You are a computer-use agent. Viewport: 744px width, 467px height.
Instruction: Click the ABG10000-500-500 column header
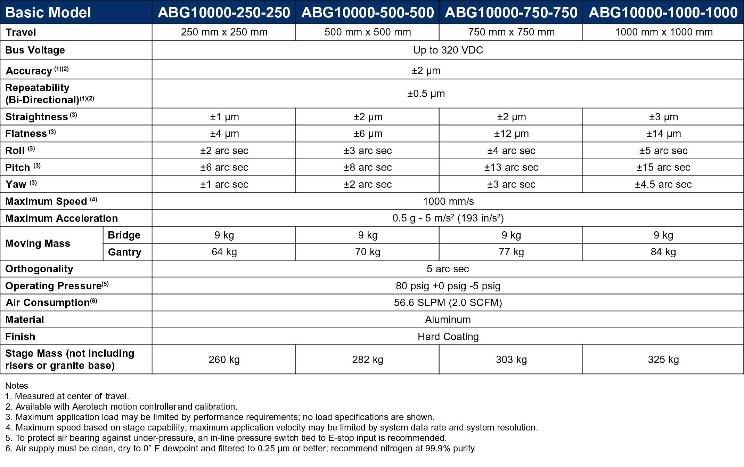tap(367, 13)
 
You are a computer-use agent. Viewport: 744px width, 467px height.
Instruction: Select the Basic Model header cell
tap(48, 13)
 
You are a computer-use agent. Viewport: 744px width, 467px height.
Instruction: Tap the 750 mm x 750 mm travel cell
tap(511, 32)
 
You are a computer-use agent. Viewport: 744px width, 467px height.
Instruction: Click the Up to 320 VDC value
tap(448, 50)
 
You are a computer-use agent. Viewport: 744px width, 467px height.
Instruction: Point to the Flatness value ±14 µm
tap(663, 134)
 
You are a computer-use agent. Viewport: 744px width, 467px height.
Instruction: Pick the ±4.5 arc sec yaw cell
tap(663, 184)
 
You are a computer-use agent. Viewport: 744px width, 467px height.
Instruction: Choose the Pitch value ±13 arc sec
tap(511, 167)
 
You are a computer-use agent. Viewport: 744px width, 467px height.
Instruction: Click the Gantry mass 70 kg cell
tap(368, 252)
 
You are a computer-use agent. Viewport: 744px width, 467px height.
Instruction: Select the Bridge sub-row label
tap(124, 235)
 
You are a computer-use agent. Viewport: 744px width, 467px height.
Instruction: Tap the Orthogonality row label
tap(39, 269)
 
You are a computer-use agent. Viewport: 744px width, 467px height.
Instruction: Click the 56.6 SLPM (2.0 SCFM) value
tap(448, 303)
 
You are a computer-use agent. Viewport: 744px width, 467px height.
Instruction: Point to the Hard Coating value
tap(448, 337)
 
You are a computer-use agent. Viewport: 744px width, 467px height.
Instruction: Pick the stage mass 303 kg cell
tap(511, 360)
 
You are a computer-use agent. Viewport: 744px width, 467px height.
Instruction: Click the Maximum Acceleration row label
tap(62, 218)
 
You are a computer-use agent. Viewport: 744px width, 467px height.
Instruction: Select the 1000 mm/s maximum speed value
tap(448, 201)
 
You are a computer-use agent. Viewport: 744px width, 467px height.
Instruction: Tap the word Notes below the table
tap(17, 386)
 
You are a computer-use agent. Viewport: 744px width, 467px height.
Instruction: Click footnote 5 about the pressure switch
tap(226, 438)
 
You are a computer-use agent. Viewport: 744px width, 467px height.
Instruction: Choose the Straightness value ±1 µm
tap(224, 117)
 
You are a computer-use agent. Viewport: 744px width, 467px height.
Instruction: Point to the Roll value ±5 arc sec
tap(663, 151)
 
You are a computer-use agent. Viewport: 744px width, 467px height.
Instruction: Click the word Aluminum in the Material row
tap(448, 320)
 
